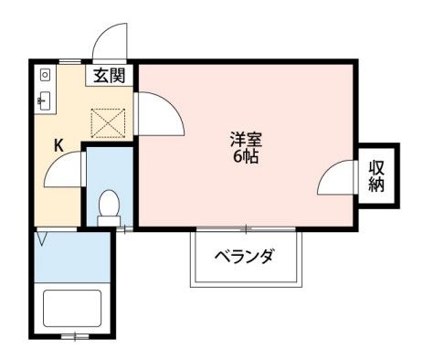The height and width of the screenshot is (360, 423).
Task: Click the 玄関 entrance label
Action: (111, 77)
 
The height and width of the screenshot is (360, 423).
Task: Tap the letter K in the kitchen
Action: (58, 144)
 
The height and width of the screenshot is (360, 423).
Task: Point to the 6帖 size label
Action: (246, 157)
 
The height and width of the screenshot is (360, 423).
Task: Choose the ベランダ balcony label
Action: (244, 256)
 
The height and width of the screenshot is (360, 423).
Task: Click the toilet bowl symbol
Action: (108, 206)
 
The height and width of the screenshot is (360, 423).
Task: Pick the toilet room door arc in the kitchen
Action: (64, 171)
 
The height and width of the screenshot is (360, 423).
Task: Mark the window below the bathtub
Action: (75, 336)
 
